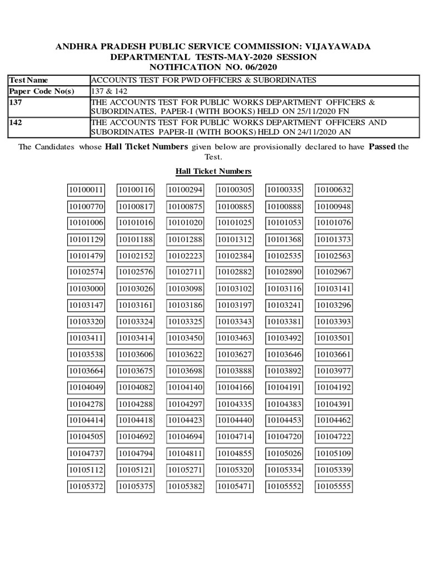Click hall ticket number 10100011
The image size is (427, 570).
click(x=86, y=190)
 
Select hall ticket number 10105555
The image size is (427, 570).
click(x=334, y=487)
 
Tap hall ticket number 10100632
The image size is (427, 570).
click(x=334, y=190)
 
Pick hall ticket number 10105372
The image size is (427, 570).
click(x=86, y=487)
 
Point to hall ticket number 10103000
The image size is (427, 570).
click(x=86, y=289)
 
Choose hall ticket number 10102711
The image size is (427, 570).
click(x=185, y=272)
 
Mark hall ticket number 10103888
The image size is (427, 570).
click(x=235, y=371)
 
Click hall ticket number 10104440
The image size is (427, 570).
click(x=235, y=421)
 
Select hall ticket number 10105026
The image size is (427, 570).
click(x=284, y=454)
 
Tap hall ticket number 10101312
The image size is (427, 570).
click(x=235, y=239)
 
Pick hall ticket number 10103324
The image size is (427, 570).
click(x=136, y=322)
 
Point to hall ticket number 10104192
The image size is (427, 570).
click(x=334, y=388)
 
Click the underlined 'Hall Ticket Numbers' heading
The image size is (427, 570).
click(x=213, y=171)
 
